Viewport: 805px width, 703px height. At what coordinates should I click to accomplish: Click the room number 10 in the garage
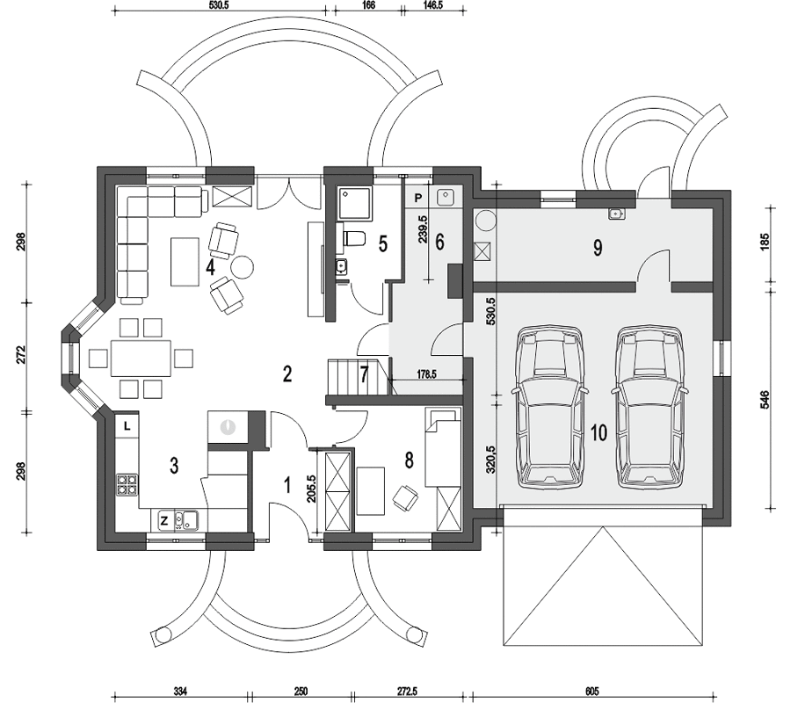coord(599,432)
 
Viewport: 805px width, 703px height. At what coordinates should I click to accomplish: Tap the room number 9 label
coord(598,248)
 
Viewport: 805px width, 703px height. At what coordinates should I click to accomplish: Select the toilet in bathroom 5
coord(353,239)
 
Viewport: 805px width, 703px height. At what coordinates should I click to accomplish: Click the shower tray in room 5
coord(354,204)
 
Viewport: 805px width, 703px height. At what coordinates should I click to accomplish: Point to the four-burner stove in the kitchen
coord(127,484)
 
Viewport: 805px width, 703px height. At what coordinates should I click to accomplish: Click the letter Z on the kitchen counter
coord(163,521)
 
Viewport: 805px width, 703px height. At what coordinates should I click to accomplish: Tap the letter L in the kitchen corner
coord(127,426)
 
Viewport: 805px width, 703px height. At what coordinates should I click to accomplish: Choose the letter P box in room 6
coord(418,198)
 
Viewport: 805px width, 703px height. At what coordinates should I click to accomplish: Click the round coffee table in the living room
coord(242,266)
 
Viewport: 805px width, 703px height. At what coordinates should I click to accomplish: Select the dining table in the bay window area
coord(141,358)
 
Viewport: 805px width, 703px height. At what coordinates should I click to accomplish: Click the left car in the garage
coord(548,407)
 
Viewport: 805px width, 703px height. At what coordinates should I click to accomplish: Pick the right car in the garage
coord(649,407)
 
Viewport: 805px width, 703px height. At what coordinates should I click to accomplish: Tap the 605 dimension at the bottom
coord(592,692)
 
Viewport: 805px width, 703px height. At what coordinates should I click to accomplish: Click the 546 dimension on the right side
coord(764,400)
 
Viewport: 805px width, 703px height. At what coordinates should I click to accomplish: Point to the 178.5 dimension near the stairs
coord(426,374)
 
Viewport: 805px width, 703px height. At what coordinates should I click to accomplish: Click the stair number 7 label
coord(365,374)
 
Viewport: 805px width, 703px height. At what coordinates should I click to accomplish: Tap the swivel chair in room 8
coord(405,497)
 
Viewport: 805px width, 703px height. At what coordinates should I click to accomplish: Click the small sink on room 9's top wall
coord(616,214)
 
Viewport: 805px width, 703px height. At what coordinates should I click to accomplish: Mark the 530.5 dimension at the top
coord(219,5)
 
